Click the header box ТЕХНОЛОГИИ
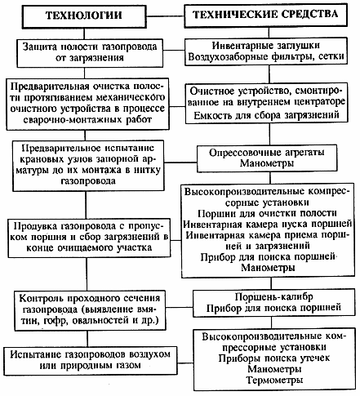84,16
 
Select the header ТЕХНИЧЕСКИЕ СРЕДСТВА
265,15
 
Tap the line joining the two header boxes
166,16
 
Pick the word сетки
331,56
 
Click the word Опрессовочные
242,153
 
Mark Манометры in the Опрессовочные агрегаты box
267,163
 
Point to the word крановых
41,159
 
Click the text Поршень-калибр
274,297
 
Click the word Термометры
274,380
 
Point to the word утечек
315,358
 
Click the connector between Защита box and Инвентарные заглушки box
174,50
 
